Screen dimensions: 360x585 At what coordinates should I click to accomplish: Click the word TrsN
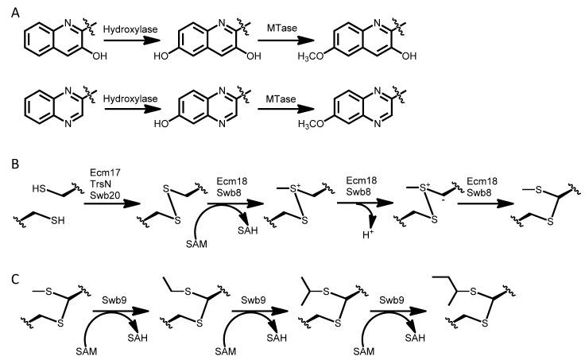[x=99, y=182]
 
